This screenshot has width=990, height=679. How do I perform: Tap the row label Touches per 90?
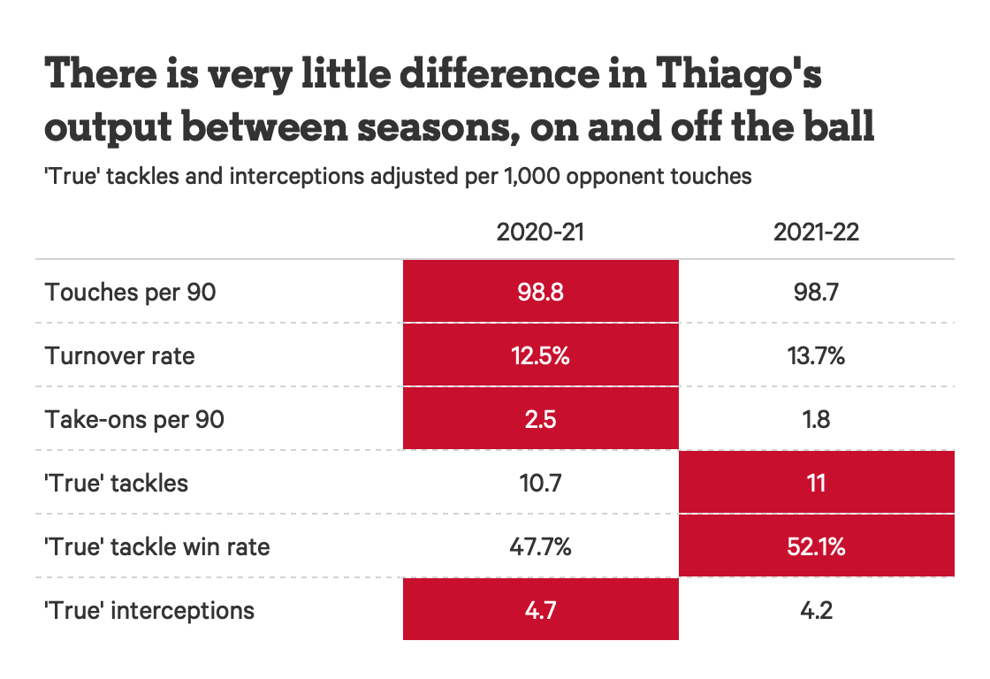tap(130, 292)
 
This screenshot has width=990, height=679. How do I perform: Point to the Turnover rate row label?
tap(119, 355)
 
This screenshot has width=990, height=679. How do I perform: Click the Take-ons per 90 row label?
tap(134, 419)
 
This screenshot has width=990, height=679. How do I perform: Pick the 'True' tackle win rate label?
tap(156, 546)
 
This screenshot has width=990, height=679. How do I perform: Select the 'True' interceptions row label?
tap(149, 610)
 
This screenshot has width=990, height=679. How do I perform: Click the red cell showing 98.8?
tap(540, 292)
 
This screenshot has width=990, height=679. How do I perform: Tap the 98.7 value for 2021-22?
tap(816, 292)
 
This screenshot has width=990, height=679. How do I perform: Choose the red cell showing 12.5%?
tap(540, 355)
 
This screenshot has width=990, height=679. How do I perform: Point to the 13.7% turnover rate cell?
tap(816, 355)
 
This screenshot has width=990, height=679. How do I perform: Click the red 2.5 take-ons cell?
tap(540, 419)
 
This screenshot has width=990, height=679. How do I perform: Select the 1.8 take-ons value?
tap(816, 419)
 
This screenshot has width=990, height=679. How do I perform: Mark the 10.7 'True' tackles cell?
tap(540, 483)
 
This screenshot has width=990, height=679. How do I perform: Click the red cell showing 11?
tap(816, 483)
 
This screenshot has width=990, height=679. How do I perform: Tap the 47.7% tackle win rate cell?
tap(540, 546)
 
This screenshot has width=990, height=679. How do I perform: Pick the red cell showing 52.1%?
tap(816, 546)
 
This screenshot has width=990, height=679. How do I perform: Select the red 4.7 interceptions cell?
tap(540, 610)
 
